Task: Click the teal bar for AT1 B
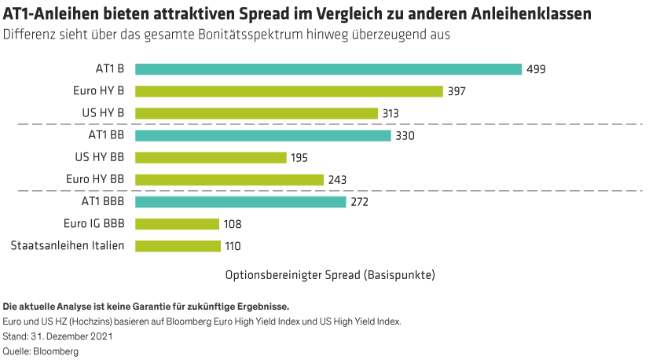click(x=328, y=69)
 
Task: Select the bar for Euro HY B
click(x=289, y=91)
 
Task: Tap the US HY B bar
click(x=256, y=113)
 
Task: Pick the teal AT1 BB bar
click(x=262, y=135)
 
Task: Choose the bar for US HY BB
click(x=211, y=157)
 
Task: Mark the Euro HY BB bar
click(x=229, y=179)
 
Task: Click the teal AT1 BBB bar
click(x=240, y=202)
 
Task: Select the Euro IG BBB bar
click(x=177, y=224)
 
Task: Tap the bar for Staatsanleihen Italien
click(x=178, y=246)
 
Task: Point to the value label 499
click(x=536, y=70)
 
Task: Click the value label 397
click(x=456, y=92)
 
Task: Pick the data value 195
click(x=299, y=158)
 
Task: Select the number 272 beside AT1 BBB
click(x=359, y=203)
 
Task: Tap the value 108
click(x=232, y=225)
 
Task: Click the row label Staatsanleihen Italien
click(x=68, y=246)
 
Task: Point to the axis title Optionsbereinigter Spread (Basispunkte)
click(x=330, y=275)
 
